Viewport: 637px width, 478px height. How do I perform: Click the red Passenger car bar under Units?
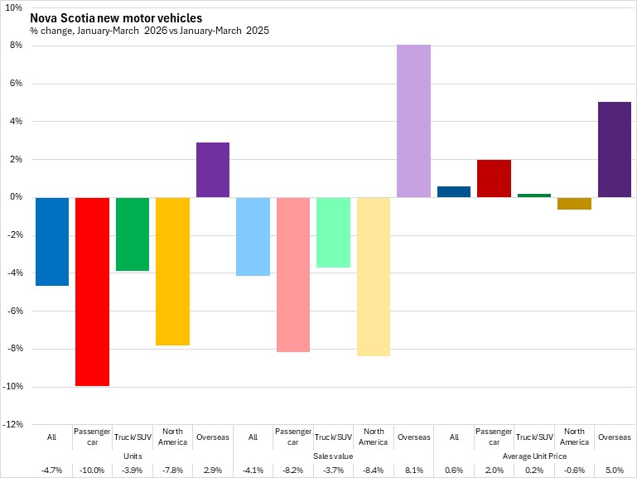[92, 292]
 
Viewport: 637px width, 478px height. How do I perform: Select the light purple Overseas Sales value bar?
[413, 121]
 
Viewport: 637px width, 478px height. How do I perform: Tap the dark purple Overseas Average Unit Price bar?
[615, 150]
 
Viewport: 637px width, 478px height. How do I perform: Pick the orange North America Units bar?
[172, 271]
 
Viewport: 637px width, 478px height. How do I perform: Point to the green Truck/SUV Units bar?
[133, 234]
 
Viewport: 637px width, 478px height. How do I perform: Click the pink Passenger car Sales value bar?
[293, 274]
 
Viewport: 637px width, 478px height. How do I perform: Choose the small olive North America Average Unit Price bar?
[574, 204]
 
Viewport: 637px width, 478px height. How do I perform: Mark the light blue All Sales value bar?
[253, 237]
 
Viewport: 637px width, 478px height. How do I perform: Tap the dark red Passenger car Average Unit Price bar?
[494, 179]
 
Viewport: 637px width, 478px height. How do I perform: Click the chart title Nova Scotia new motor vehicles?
[116, 18]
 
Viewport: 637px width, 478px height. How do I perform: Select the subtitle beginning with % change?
[149, 31]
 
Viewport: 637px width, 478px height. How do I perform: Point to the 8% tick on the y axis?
[17, 45]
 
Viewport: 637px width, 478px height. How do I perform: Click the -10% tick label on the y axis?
[13, 386]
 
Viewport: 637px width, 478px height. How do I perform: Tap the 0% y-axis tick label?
[17, 197]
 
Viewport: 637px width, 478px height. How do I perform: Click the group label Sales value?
[333, 456]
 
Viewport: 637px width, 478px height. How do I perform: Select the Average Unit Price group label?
[534, 456]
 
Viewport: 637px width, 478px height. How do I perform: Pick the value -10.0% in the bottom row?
[92, 471]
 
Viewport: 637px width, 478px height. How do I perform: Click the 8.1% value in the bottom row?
[414, 471]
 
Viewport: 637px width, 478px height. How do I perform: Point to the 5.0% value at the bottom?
[615, 471]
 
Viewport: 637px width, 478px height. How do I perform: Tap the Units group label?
[133, 456]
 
